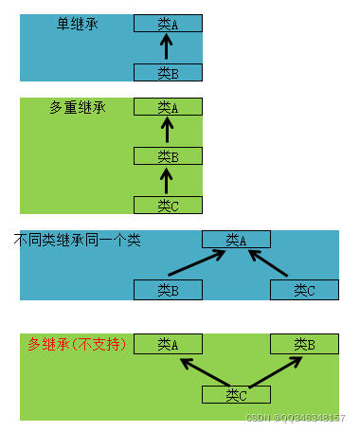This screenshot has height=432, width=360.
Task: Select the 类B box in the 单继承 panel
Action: pos(168,73)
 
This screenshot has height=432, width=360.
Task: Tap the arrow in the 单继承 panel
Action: pos(168,48)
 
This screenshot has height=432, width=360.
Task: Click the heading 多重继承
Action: pos(77,107)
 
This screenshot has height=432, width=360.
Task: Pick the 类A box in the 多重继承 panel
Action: pos(168,107)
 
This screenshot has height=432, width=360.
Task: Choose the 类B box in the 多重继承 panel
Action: pos(168,156)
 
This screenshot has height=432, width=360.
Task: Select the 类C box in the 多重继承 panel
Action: pos(168,205)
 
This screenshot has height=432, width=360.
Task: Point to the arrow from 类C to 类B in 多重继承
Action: pos(168,180)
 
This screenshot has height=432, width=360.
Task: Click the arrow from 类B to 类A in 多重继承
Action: pos(168,132)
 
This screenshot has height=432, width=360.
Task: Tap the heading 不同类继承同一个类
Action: pos(77,241)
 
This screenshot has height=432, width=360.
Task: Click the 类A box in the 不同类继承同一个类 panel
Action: pos(236,241)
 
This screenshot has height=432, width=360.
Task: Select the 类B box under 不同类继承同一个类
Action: pos(168,290)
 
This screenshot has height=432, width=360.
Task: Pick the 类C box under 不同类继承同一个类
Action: pos(304,290)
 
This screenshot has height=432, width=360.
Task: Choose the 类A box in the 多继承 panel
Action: pos(168,344)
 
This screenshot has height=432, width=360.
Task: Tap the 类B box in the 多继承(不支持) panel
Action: pos(304,344)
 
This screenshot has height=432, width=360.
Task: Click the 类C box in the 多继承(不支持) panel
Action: pos(236,394)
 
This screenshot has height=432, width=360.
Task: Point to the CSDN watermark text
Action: pos(295,418)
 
